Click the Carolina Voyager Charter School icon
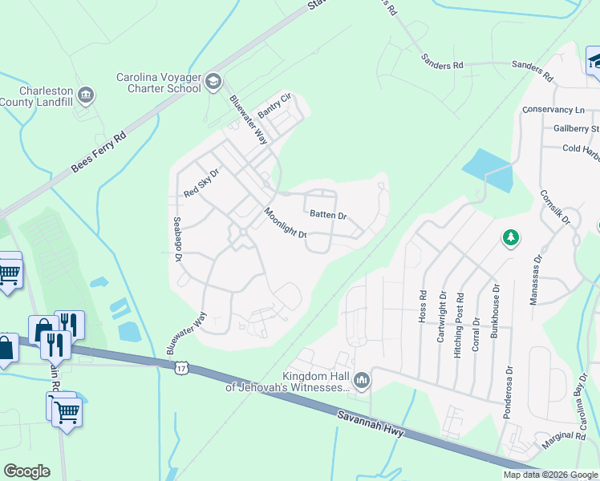point(213,80)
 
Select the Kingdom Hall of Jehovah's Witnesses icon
point(362,380)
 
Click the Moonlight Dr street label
point(286,224)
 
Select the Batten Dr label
point(328,216)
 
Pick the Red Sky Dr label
point(201,182)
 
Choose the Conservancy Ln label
point(553,110)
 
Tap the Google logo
point(26,471)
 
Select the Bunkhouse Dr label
point(495,311)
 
